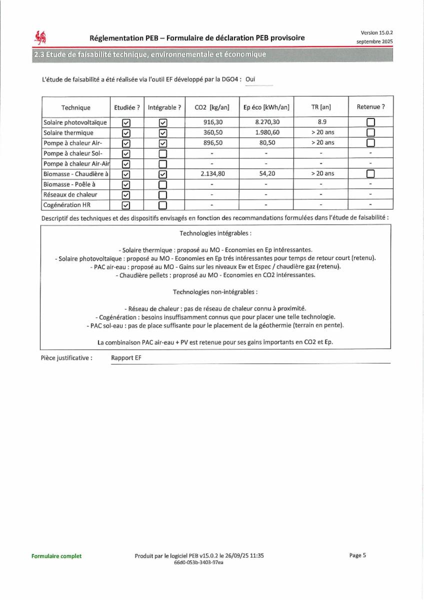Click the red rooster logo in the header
[x=40, y=37]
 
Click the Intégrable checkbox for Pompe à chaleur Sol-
[x=162, y=153]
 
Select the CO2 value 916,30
[x=212, y=122]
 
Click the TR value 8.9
[x=321, y=122]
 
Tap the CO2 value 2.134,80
[x=212, y=173]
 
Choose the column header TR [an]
[x=321, y=107]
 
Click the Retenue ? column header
[x=370, y=106]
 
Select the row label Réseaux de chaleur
[x=70, y=194]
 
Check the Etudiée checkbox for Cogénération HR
[x=126, y=205]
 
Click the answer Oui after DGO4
[x=250, y=79]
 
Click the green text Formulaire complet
[x=56, y=556]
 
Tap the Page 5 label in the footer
[x=357, y=555]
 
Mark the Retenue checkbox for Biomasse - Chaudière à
[x=370, y=174]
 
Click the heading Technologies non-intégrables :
[x=215, y=291]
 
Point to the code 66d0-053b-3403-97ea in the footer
[x=198, y=562]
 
